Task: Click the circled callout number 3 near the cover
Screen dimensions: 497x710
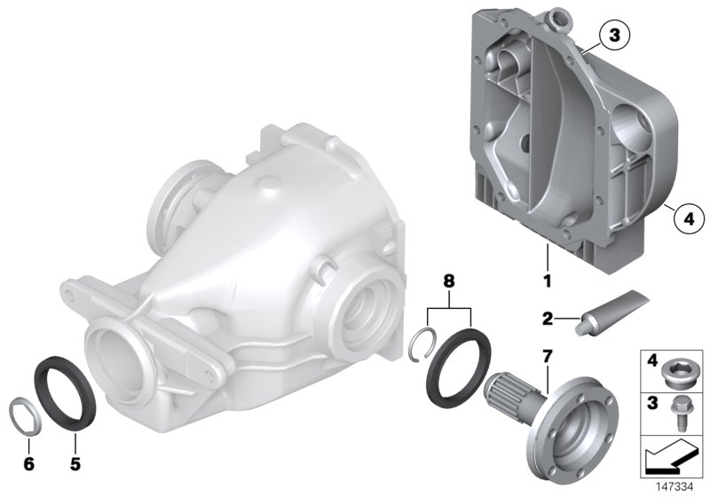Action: click(x=613, y=35)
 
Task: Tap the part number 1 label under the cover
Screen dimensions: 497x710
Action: click(x=548, y=282)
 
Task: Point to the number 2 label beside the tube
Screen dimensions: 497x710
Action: click(x=547, y=318)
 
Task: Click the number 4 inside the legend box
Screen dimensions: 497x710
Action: click(x=651, y=362)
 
